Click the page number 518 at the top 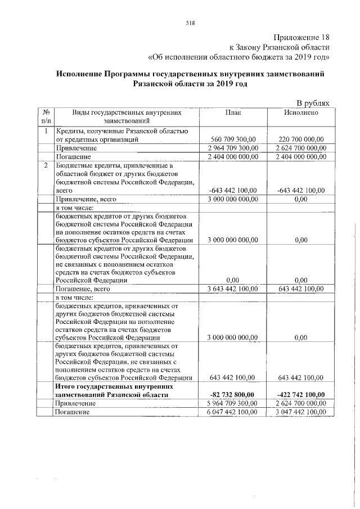click(190, 22)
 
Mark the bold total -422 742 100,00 click(301, 395)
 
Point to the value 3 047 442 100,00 click(301, 412)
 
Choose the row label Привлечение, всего click(83, 199)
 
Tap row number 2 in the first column click(46, 165)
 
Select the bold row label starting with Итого click(110, 391)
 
